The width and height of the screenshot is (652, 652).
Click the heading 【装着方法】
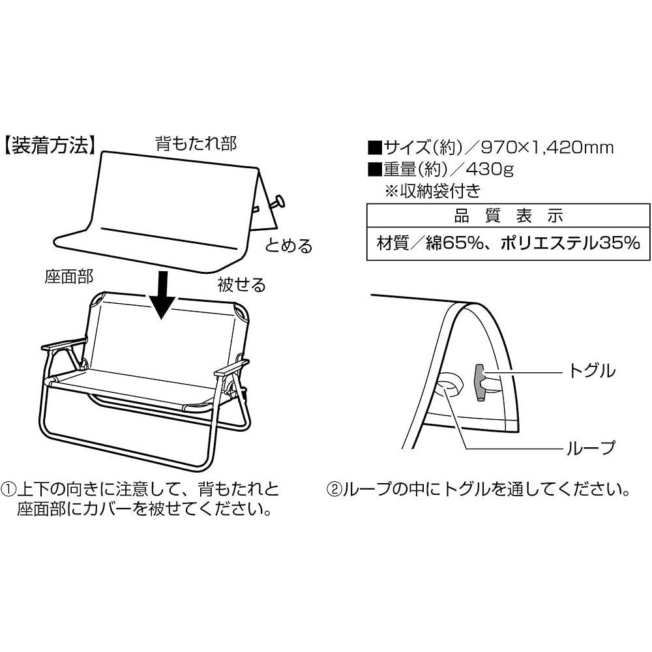click(x=50, y=145)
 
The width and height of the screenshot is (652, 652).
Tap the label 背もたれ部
click(x=196, y=143)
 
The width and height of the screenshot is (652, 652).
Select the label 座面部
click(x=69, y=276)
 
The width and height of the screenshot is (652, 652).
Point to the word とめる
click(x=289, y=246)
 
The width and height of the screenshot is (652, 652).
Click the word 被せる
click(x=241, y=285)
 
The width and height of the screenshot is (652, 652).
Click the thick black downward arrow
click(x=164, y=295)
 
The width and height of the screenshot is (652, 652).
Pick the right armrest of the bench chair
click(x=231, y=368)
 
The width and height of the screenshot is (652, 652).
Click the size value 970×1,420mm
click(x=547, y=147)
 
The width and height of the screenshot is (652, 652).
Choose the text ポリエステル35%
click(x=570, y=243)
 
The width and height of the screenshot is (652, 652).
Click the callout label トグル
click(x=591, y=370)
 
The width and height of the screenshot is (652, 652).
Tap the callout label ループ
click(x=591, y=448)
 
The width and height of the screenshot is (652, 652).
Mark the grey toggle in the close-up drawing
click(x=480, y=383)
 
